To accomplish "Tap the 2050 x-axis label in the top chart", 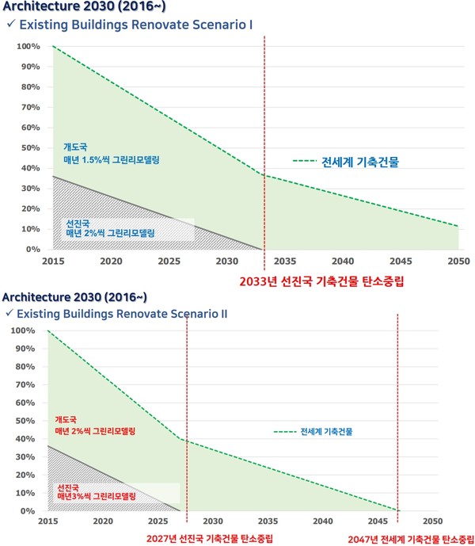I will [x=458, y=261].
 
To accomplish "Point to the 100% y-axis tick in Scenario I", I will [x=28, y=47].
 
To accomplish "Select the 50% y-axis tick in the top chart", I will [x=31, y=148].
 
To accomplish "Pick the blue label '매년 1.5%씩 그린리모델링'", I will [x=112, y=160].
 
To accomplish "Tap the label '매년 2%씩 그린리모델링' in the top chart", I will [x=108, y=234].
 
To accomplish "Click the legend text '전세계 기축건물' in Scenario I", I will [x=360, y=162].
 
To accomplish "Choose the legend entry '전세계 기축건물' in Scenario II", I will [x=326, y=432].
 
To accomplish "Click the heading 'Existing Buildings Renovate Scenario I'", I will [x=135, y=25].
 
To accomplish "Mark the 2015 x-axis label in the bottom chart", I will [x=47, y=522].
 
